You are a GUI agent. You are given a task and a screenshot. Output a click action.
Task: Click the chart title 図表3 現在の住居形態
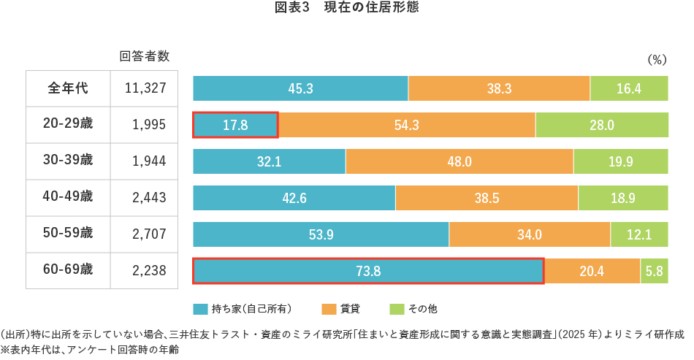pyautogui.click(x=346, y=9)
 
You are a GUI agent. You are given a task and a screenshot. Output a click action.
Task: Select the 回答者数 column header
pyautogui.click(x=145, y=56)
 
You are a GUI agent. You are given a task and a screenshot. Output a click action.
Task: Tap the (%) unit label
pyautogui.click(x=657, y=60)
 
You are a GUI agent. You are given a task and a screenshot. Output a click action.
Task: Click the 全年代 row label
pyautogui.click(x=68, y=88)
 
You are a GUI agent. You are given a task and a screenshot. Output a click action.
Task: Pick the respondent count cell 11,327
pyautogui.click(x=145, y=88)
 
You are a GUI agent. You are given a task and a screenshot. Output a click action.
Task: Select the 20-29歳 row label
pyautogui.click(x=68, y=124)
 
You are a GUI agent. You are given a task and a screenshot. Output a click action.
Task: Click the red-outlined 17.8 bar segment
pyautogui.click(x=235, y=125)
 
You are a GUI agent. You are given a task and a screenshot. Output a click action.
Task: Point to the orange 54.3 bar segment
pyautogui.click(x=406, y=125)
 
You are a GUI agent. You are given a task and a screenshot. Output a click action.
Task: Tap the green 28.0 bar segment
pyautogui.click(x=602, y=125)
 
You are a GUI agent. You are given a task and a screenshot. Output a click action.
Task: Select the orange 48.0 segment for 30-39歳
pyautogui.click(x=459, y=161)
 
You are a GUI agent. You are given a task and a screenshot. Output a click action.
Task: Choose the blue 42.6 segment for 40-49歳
pyautogui.click(x=294, y=198)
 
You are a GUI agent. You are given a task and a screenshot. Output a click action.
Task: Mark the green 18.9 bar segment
pyautogui.click(x=623, y=198)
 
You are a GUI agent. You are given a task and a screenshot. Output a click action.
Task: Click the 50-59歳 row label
pyautogui.click(x=68, y=234)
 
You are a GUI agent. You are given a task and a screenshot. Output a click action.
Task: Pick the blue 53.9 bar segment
pyautogui.click(x=321, y=234)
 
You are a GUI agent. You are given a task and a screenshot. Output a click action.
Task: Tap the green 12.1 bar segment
pyautogui.click(x=639, y=234)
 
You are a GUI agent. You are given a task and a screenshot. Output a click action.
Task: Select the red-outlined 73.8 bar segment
pyautogui.click(x=368, y=271)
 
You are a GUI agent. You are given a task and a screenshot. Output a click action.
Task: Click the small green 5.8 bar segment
pyautogui.click(x=655, y=271)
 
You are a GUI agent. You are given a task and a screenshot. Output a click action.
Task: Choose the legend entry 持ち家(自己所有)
pyautogui.click(x=243, y=309)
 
